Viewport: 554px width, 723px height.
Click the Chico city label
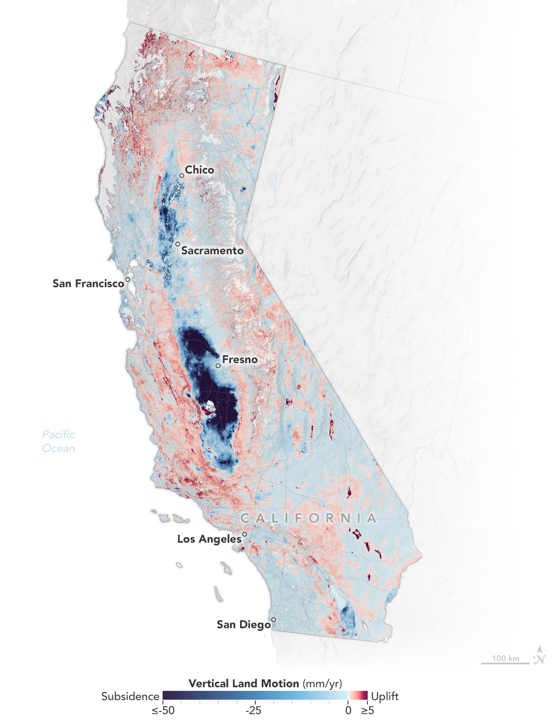tap(199, 170)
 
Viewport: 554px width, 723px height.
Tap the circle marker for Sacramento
tap(177, 244)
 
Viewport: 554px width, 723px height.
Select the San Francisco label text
tap(88, 284)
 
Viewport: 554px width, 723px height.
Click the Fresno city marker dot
tap(218, 366)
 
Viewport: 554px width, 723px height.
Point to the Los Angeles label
tap(209, 539)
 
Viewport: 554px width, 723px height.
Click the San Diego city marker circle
tap(273, 620)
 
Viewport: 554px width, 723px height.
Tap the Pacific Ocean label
tap(59, 441)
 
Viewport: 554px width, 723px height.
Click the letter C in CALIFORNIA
tap(245, 518)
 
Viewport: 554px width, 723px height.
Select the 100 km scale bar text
tap(505, 658)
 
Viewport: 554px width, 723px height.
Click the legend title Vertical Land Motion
tap(244, 684)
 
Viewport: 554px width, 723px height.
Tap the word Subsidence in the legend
tap(130, 696)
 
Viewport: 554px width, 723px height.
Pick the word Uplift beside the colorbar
tap(385, 696)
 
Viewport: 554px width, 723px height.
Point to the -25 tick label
tap(253, 711)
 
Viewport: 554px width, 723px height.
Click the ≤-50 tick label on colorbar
tap(163, 711)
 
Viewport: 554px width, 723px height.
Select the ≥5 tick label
tap(367, 711)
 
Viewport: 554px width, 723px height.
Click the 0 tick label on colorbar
tap(348, 711)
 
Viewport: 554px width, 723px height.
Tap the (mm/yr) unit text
tap(322, 684)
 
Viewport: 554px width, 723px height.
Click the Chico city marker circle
tap(182, 176)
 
